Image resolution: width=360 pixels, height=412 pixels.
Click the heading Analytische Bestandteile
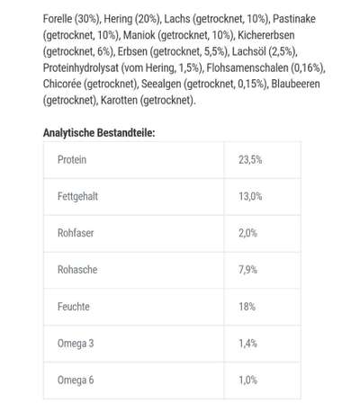pyautogui.click(x=99, y=132)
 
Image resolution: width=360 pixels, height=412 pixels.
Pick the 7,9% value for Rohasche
pyautogui.click(x=248, y=268)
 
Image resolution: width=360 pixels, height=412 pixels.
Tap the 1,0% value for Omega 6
pyautogui.click(x=248, y=380)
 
